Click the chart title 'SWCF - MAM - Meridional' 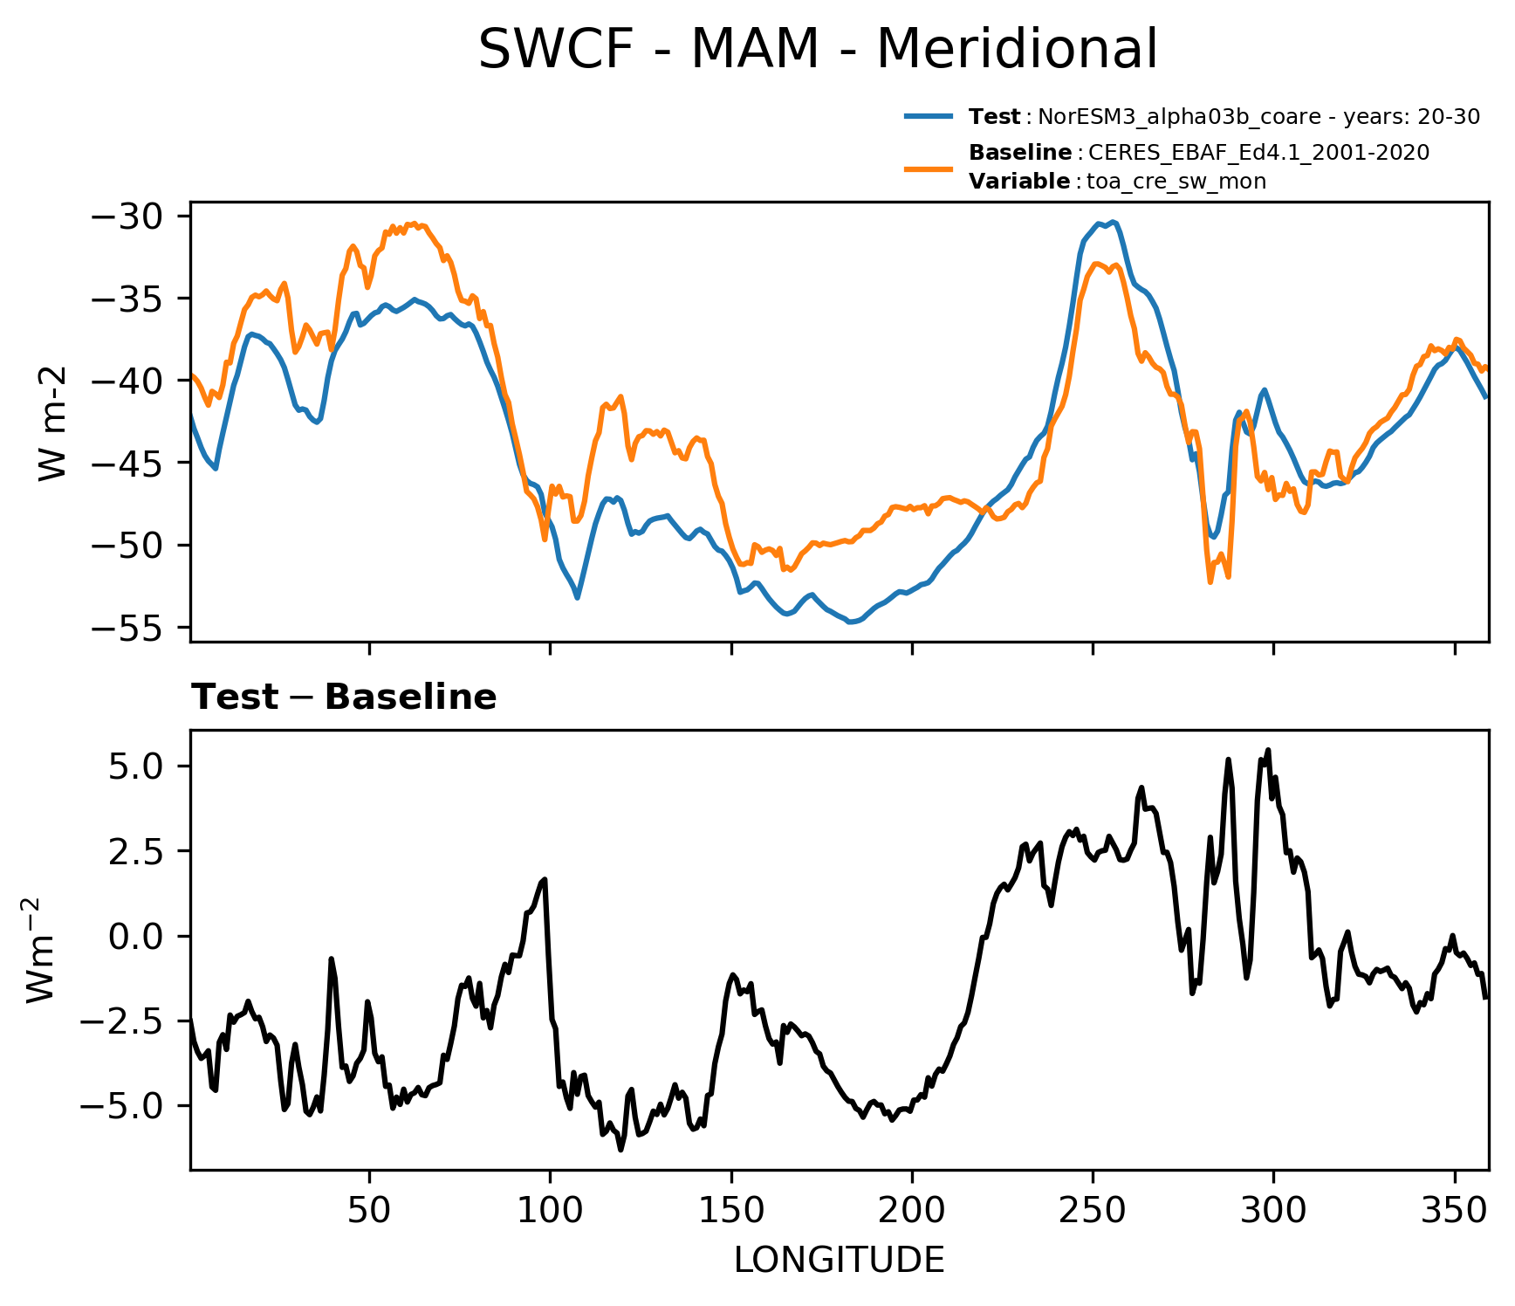point(818,49)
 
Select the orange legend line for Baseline point(933,168)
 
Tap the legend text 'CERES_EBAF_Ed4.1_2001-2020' point(1258,153)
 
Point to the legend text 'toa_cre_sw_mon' point(1176,182)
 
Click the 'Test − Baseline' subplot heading point(344,698)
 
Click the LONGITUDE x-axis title point(839,1261)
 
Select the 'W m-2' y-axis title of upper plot point(52,423)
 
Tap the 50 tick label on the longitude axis point(369,1211)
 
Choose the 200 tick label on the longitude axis point(912,1211)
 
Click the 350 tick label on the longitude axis point(1454,1211)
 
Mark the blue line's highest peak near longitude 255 point(1114,223)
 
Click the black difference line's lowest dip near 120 point(620,1150)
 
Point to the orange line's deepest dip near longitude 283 point(1210,582)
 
